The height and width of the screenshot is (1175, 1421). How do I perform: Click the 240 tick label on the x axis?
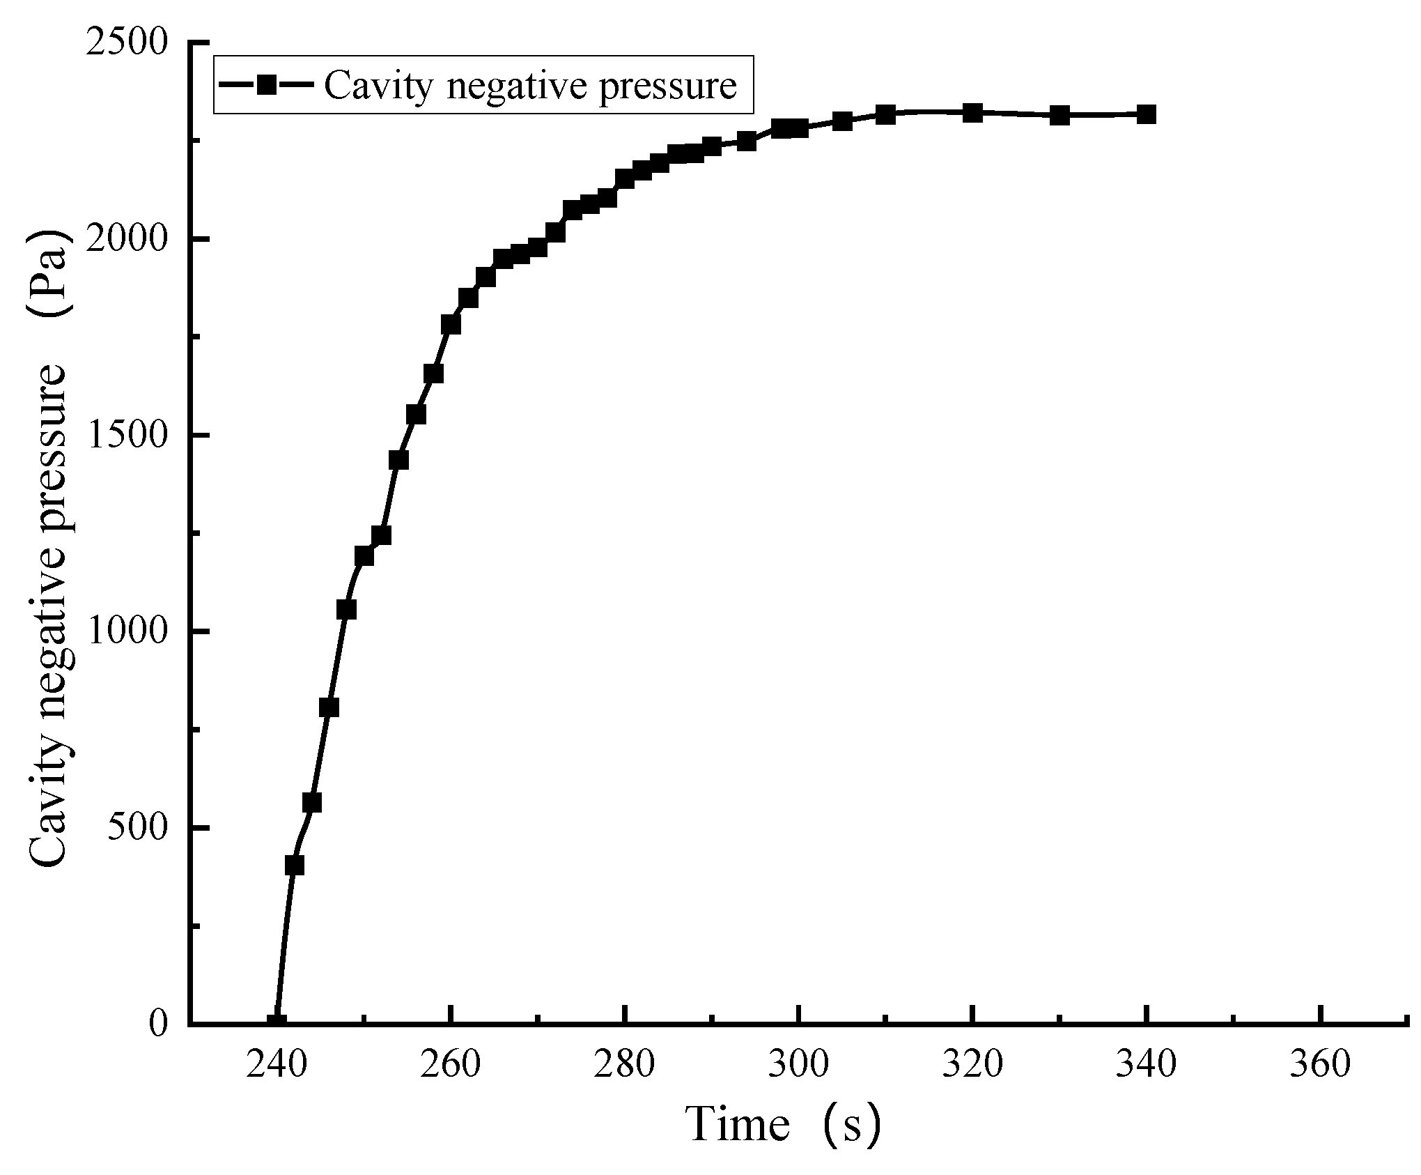pos(277,1064)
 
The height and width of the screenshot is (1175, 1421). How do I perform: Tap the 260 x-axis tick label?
pos(451,1064)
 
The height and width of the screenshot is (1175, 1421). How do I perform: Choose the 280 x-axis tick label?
pos(625,1064)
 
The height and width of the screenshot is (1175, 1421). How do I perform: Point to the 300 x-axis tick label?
pos(799,1064)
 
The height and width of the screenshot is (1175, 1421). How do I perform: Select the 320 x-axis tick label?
pos(972,1064)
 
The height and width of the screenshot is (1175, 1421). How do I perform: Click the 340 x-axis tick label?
pos(1147,1064)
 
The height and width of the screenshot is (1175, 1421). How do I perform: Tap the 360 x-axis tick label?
pos(1321,1064)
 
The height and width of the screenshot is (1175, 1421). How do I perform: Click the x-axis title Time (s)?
pos(784,1124)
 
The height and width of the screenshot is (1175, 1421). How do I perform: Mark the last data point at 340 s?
pos(1147,114)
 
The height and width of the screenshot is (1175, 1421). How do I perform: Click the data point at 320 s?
pos(972,112)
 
